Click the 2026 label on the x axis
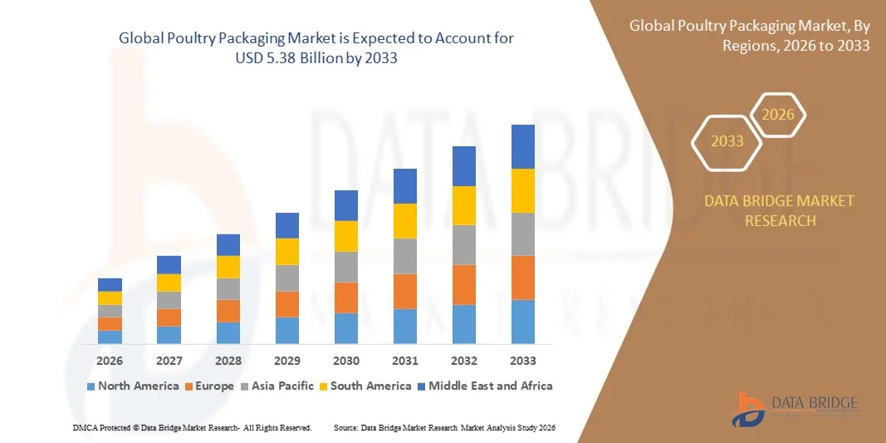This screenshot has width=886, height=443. tap(110, 361)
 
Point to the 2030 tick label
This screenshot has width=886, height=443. tap(346, 361)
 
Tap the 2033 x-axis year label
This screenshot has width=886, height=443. tap(523, 361)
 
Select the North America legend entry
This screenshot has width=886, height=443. tap(133, 386)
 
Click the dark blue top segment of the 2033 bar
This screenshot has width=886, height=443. tap(523, 146)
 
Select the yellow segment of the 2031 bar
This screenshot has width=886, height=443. tap(405, 221)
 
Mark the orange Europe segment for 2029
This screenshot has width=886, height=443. tap(287, 303)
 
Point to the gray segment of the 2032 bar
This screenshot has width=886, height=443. tap(464, 244)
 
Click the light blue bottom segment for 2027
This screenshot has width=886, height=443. tap(169, 335)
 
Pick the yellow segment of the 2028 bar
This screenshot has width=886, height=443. tap(228, 267)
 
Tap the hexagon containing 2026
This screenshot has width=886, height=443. tap(778, 115)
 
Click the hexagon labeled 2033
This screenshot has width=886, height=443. tap(727, 140)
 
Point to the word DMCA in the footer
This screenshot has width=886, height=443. tap(85, 427)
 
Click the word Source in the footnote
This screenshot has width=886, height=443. tap(347, 427)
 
